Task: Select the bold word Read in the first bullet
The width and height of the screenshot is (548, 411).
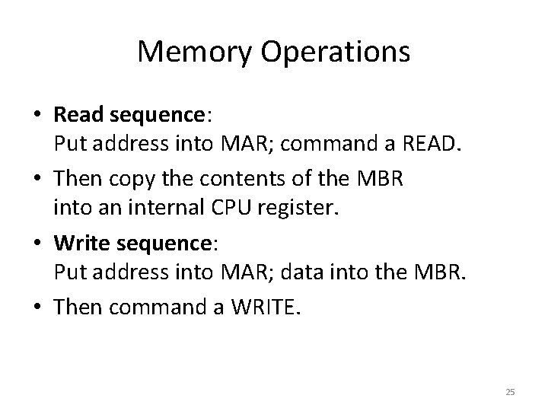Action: tap(79, 115)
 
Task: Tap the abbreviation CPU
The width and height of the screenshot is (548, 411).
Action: tap(221, 208)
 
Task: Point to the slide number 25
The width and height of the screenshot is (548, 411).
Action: tap(510, 392)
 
